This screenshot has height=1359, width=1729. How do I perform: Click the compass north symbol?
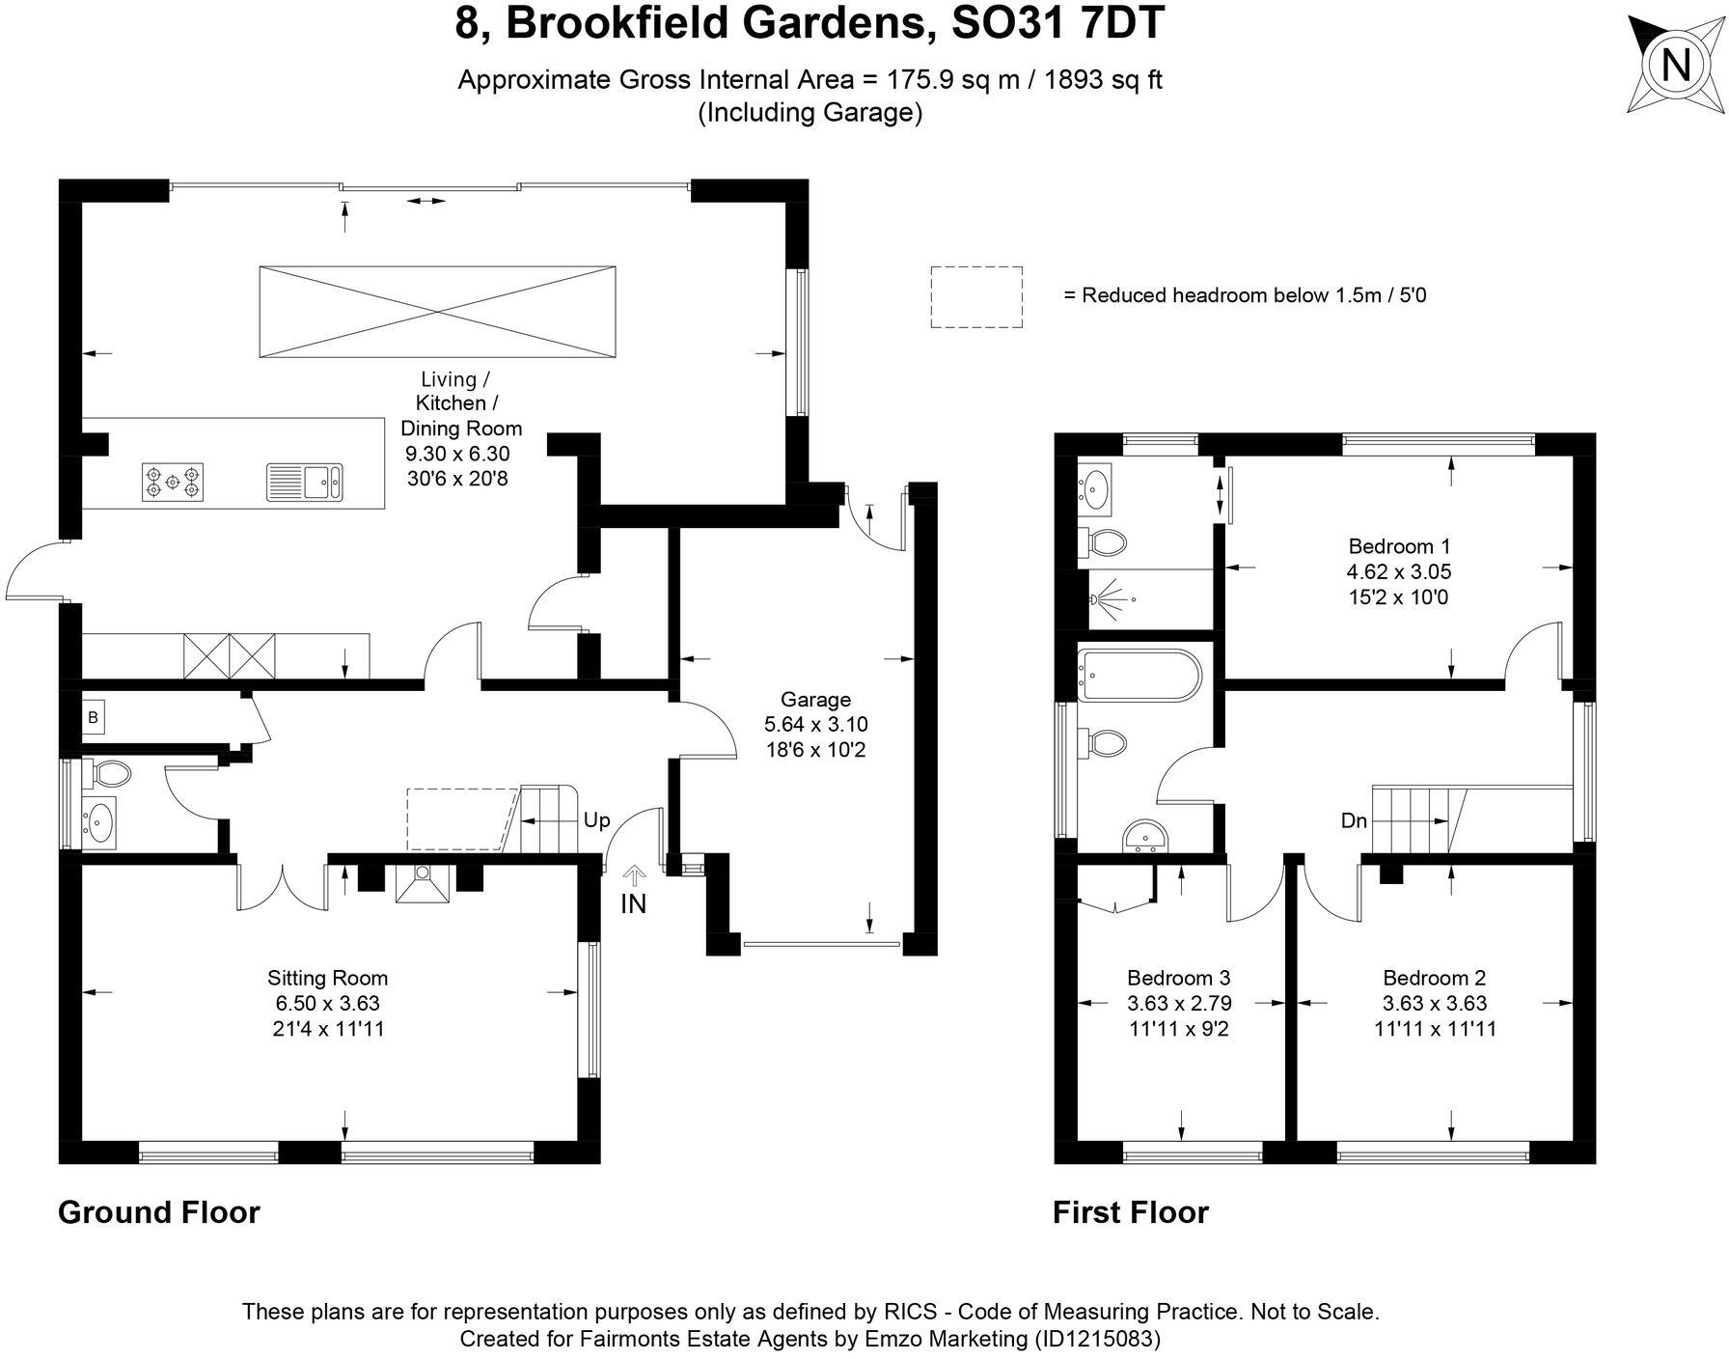point(1676,66)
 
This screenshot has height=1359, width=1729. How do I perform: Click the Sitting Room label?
point(327,978)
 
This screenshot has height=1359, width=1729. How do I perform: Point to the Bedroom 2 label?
point(1434,978)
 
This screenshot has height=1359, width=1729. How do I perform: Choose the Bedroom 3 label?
point(1178,978)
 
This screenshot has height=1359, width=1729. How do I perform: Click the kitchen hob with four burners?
point(173,482)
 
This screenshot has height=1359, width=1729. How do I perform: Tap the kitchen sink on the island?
point(305,482)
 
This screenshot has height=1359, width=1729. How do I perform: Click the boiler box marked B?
point(93,718)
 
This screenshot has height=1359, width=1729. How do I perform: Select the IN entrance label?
point(633,903)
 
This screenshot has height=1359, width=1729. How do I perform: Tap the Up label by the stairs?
point(596,820)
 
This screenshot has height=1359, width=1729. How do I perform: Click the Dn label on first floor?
point(1354,821)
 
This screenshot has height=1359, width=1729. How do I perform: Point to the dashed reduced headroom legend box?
point(975,297)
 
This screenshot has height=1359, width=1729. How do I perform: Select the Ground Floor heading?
point(159,1212)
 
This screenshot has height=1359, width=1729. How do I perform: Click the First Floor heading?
point(1130,1212)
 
